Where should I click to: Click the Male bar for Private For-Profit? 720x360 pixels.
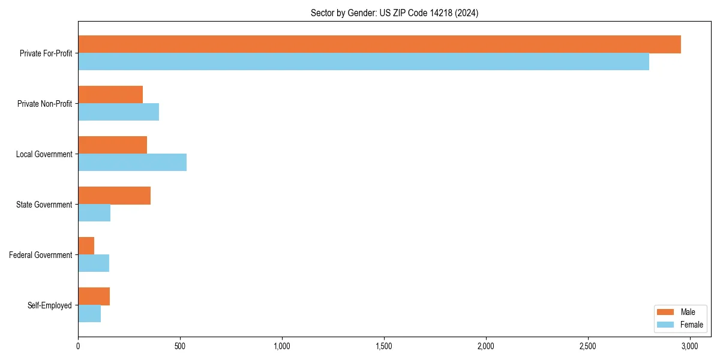coord(379,44)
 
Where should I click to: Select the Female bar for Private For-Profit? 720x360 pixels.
coord(364,62)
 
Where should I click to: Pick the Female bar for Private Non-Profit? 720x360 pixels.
coord(118,112)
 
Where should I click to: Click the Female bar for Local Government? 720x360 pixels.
coord(132,163)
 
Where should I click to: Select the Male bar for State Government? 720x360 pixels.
coord(114,196)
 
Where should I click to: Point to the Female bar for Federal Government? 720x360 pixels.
coord(94,263)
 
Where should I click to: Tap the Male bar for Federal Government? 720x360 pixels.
coord(86,246)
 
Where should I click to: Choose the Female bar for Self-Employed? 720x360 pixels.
coord(89,314)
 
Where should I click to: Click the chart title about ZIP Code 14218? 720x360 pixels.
coord(394,13)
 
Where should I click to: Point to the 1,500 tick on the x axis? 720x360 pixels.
coord(384,346)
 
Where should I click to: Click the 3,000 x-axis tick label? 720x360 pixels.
coord(690,346)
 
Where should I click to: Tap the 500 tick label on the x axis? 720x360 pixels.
coord(180,346)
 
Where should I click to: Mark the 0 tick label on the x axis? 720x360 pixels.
coord(78,346)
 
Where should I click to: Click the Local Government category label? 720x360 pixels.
coord(44,154)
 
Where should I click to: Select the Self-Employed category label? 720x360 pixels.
coord(50,305)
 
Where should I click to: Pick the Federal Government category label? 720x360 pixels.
coord(41,255)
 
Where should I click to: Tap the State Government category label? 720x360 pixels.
coord(44,205)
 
